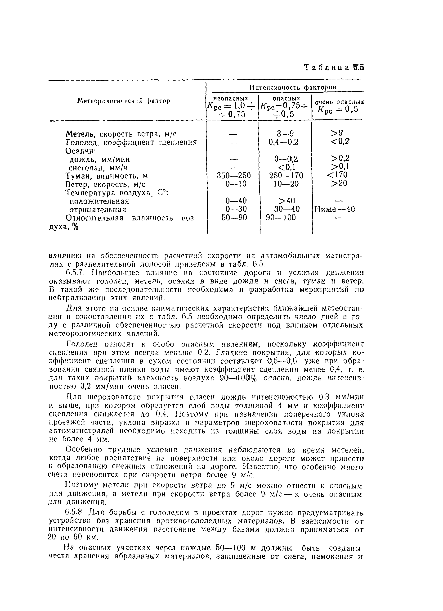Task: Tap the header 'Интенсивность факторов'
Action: [293, 87]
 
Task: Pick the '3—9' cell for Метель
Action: [285, 134]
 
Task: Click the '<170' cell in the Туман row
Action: [337, 175]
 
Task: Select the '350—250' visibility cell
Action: [234, 176]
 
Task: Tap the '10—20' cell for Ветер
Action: [286, 184]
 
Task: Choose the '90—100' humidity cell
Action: [281, 217]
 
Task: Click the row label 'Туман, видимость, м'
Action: [107, 176]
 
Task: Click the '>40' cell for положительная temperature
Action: [287, 201]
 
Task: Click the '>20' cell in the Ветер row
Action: [339, 183]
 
